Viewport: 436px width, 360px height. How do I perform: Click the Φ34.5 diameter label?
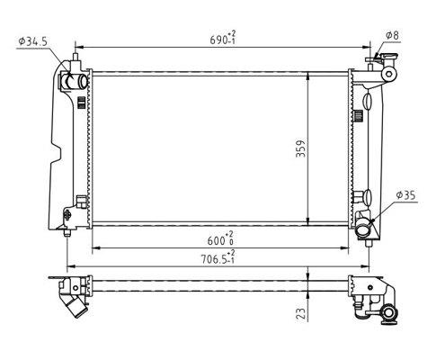point(32,40)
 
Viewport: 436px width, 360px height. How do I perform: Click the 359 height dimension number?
point(300,148)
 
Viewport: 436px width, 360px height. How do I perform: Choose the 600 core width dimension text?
point(218,238)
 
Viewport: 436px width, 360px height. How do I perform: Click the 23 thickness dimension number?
point(300,312)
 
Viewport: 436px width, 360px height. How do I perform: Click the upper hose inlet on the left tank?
point(74,83)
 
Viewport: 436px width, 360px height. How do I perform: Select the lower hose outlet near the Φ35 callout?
point(364,232)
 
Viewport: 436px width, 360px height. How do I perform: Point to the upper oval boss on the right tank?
point(368,100)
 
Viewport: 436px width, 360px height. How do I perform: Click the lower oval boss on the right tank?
point(368,195)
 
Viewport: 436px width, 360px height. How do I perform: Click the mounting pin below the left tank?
point(69,233)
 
